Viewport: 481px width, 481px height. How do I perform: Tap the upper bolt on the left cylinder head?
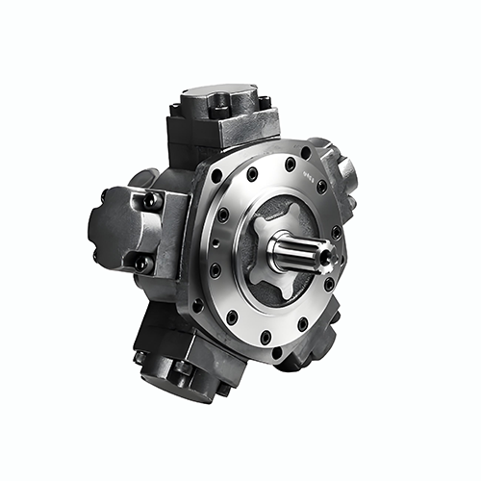coord(149,200)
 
